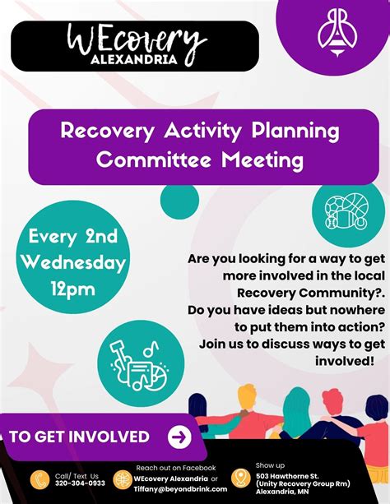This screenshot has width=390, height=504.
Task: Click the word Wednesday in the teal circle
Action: pos(74,263)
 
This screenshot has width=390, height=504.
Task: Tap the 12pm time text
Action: pos(74,289)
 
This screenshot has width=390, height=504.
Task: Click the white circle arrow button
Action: pos(179,437)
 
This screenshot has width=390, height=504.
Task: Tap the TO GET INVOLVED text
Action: pos(80,437)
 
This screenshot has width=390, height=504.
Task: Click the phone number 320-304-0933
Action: pos(80,483)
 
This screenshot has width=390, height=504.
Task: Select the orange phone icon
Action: pos(39,479)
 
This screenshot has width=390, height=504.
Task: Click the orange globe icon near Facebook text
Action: pos(123,479)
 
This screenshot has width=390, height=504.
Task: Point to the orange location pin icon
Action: pos(240,478)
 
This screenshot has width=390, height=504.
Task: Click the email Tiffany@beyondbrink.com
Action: pos(181,488)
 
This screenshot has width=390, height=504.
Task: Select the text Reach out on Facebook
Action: pos(176,467)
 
